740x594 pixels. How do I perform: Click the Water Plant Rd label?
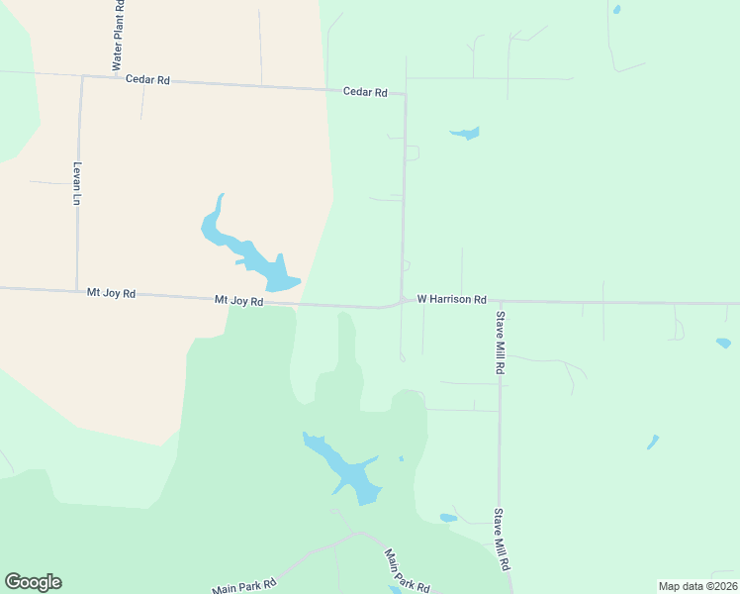click(x=117, y=35)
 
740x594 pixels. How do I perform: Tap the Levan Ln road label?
click(x=76, y=183)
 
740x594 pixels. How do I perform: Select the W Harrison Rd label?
click(x=452, y=298)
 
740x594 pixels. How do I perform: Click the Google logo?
click(x=33, y=582)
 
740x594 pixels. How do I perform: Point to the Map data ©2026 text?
click(x=696, y=585)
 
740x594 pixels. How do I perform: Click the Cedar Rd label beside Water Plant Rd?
click(x=147, y=79)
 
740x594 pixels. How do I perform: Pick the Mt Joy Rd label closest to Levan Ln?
click(x=111, y=293)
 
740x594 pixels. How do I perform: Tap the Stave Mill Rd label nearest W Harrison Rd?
click(x=501, y=342)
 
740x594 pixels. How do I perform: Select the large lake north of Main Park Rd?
click(x=346, y=470)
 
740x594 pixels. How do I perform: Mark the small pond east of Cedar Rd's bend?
click(x=464, y=133)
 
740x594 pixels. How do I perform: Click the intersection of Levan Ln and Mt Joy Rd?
click(x=77, y=291)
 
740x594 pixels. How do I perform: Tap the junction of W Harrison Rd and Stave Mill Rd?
click(x=500, y=301)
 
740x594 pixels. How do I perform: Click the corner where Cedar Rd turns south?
click(x=405, y=95)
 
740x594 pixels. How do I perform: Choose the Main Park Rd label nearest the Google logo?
click(x=237, y=588)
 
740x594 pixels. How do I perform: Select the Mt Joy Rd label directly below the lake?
click(x=239, y=300)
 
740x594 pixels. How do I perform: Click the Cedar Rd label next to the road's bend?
click(x=365, y=92)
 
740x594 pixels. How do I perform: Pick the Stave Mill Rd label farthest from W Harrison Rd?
click(x=502, y=539)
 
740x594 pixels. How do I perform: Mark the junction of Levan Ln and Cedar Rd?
click(x=81, y=76)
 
